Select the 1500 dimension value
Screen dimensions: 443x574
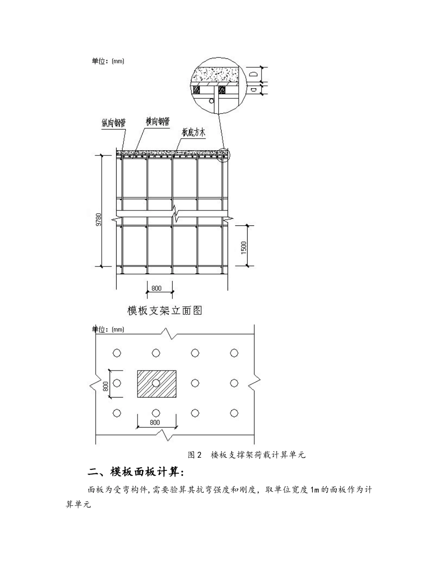(x=244, y=246)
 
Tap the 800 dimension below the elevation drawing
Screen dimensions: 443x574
(x=156, y=288)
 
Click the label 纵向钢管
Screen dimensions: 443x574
(x=114, y=123)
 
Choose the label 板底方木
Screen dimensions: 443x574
(x=194, y=133)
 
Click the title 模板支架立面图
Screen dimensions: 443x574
(x=165, y=310)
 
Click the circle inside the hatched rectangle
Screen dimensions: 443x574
(x=156, y=383)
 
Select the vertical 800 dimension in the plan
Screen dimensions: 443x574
(x=106, y=384)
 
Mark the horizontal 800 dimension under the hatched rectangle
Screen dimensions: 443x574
(x=155, y=423)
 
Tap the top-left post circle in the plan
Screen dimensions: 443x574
(x=117, y=353)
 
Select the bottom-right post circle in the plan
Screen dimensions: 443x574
(x=234, y=413)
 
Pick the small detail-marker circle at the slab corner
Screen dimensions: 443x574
(x=224, y=154)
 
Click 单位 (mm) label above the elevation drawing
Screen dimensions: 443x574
(x=108, y=61)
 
